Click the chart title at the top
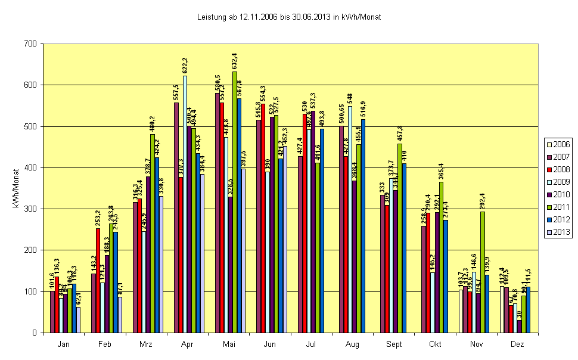[289, 17]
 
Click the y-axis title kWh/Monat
[15, 188]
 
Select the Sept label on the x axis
[394, 345]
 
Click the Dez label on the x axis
[517, 345]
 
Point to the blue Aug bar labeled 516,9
[363, 226]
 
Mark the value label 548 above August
[350, 98]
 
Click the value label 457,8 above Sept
[399, 134]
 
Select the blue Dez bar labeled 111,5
[527, 309]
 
